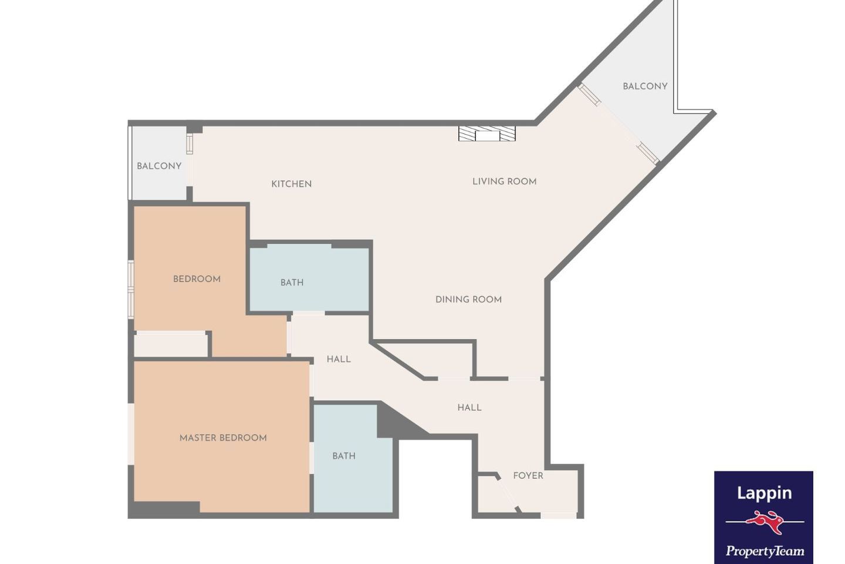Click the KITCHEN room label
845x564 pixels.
coord(291,184)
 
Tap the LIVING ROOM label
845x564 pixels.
coord(505,182)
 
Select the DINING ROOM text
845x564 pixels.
coord(468,300)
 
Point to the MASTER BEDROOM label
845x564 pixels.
coord(223,438)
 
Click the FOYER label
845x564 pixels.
coord(528,476)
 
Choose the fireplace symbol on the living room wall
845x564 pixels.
coord(486,134)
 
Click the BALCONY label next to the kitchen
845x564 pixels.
coord(159,166)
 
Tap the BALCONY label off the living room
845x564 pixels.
coord(645,86)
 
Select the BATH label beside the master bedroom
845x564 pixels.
coord(344,456)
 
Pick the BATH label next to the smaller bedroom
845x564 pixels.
coord(292,283)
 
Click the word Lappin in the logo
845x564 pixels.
coord(764,493)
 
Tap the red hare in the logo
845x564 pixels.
coord(765,522)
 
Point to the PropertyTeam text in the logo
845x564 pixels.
coord(765,551)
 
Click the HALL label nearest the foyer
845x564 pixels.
coord(469,408)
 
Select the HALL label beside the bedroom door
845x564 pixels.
coord(339,359)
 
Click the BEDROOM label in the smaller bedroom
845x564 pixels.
coord(197,279)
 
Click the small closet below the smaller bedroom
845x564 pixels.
coord(170,344)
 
